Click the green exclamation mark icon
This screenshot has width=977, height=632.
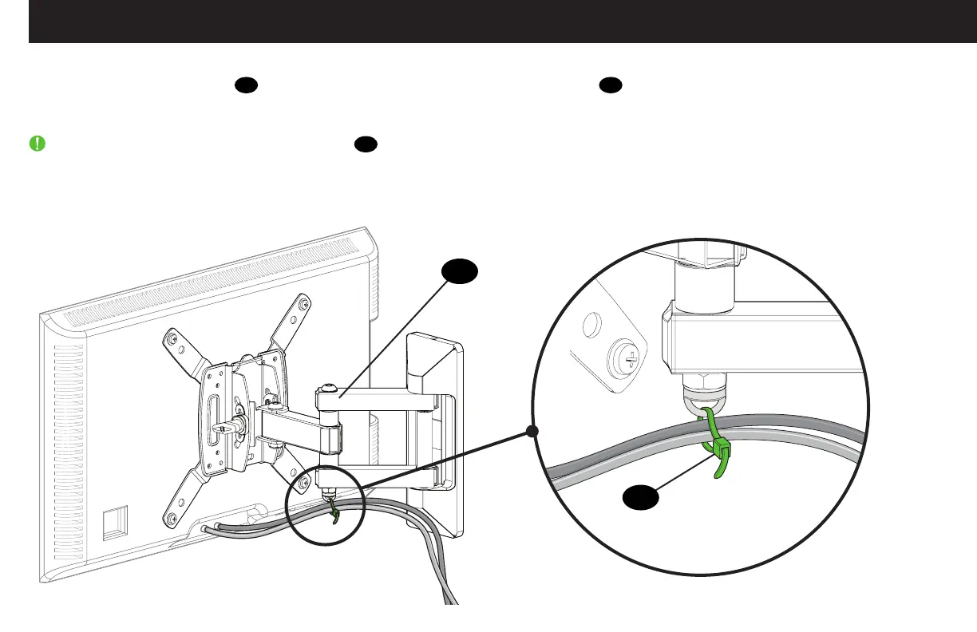pos(38,144)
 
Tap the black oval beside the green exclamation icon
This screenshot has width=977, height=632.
pos(366,144)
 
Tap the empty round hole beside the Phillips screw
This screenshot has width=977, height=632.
pos(591,325)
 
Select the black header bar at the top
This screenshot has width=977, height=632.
pos(503,22)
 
